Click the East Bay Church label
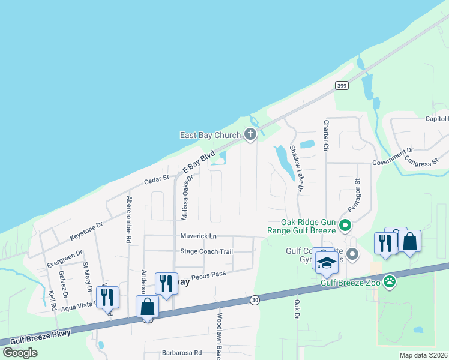coord(210,136)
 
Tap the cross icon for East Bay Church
coord(250,136)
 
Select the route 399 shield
coord(342,86)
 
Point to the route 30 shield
coord(255,300)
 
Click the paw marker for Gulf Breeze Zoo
coord(390,280)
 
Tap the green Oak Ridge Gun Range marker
coord(345,226)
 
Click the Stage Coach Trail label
coord(206,251)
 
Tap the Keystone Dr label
coord(87,226)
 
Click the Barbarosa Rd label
coord(181,353)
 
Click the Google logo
coord(20,352)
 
